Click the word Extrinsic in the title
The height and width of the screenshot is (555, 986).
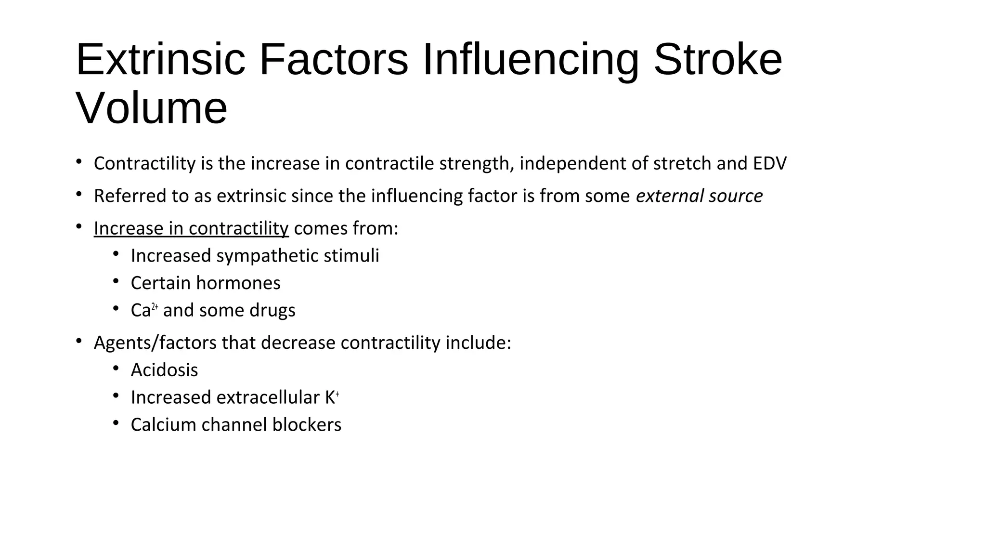click(160, 60)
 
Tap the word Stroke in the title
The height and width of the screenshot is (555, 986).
click(717, 60)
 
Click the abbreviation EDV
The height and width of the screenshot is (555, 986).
click(770, 163)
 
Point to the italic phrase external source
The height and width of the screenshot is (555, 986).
click(699, 196)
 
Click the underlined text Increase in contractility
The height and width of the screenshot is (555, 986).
click(191, 228)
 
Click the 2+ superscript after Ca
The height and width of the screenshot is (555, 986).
click(155, 307)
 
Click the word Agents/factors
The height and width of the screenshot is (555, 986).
click(155, 343)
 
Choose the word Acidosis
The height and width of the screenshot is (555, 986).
click(164, 370)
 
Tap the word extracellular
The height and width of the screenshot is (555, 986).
click(268, 398)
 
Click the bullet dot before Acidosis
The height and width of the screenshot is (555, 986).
click(116, 369)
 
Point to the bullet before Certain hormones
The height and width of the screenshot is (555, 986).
click(116, 282)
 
